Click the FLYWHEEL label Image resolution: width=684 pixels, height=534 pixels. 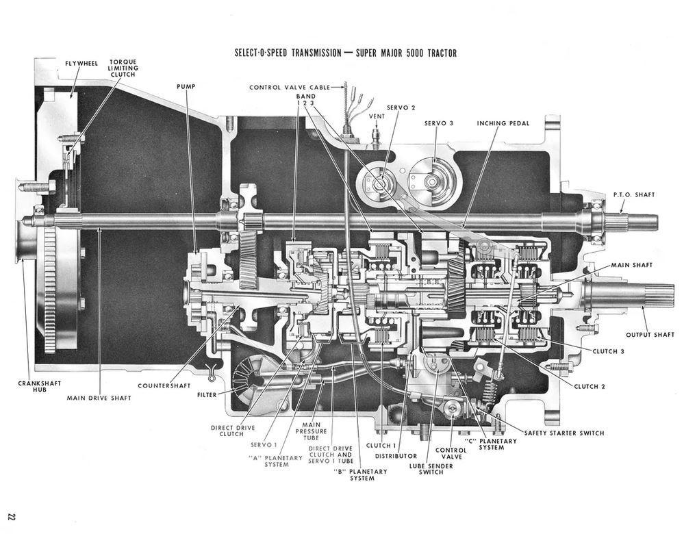[x=81, y=64]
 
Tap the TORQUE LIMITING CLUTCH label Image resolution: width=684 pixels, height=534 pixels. [x=123, y=68]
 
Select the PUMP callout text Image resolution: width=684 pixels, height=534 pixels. [x=186, y=86]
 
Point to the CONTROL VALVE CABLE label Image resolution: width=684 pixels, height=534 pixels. [x=290, y=87]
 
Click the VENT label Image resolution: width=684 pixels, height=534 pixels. [x=377, y=116]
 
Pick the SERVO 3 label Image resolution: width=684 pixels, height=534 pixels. [x=439, y=123]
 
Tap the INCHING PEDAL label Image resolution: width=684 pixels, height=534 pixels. [x=503, y=123]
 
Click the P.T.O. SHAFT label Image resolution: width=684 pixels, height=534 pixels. [x=634, y=194]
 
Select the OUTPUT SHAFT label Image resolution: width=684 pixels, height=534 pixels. [x=650, y=335]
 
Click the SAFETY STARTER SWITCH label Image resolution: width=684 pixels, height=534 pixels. [x=564, y=433]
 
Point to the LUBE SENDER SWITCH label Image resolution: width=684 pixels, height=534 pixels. [x=431, y=469]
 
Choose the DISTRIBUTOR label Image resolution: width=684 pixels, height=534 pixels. [x=396, y=456]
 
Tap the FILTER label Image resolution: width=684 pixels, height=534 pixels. [x=207, y=395]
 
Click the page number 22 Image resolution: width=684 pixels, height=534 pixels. [x=12, y=517]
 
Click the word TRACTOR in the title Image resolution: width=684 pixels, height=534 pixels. [x=440, y=53]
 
